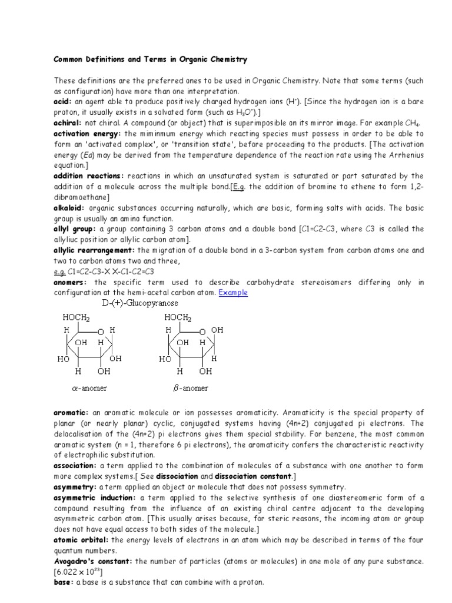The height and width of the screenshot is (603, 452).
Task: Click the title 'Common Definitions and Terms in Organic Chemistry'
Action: tap(151, 59)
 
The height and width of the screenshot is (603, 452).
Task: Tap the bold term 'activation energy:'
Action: tap(87, 134)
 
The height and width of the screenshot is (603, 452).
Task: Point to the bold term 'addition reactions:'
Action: tap(89, 176)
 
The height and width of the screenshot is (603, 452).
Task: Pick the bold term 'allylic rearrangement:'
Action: tap(95, 250)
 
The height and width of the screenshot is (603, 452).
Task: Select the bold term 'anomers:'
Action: tap(70, 282)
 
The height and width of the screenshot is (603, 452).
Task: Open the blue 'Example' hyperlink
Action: tap(233, 293)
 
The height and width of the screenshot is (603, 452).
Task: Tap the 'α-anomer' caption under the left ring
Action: tap(89, 388)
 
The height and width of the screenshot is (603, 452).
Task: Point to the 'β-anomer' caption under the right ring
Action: tap(190, 388)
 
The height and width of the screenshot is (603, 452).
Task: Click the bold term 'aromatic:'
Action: tap(71, 413)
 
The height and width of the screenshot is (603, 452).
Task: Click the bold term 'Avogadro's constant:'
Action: tap(94, 561)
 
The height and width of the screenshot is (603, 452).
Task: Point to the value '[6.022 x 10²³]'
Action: tap(78, 572)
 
